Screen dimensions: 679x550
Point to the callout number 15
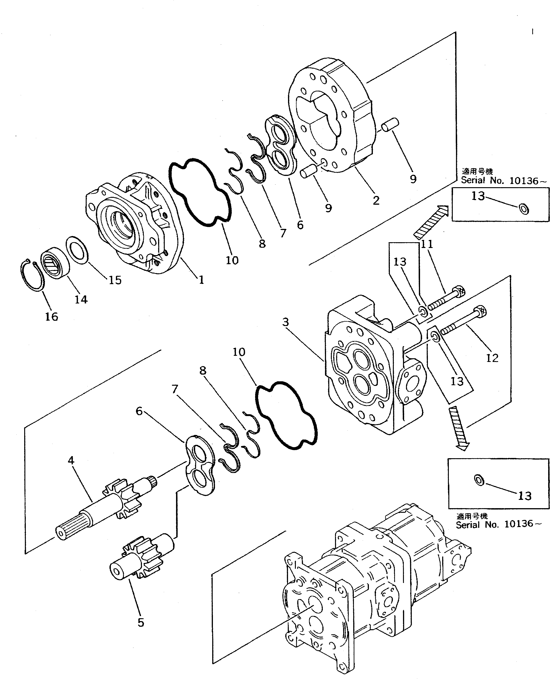115,280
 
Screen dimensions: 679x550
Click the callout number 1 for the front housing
201,280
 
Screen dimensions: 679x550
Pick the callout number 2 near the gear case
376,200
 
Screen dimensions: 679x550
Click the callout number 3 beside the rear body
285,322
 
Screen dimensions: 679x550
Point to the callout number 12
492,358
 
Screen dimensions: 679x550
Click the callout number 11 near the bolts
427,244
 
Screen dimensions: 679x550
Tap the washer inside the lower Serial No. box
479,480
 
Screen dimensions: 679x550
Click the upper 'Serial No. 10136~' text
503,181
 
